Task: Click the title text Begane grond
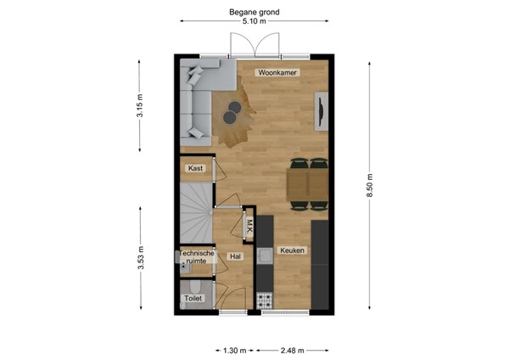click(255, 12)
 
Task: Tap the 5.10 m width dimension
click(255, 22)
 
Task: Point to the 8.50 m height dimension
click(369, 186)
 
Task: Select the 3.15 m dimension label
click(140, 105)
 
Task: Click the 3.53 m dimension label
click(140, 257)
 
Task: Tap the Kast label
click(195, 169)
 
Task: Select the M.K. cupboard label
click(250, 226)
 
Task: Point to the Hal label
click(235, 256)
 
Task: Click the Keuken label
click(293, 250)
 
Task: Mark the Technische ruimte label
click(195, 258)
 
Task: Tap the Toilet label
click(194, 298)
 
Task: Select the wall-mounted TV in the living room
click(321, 114)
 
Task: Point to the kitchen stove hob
click(265, 301)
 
